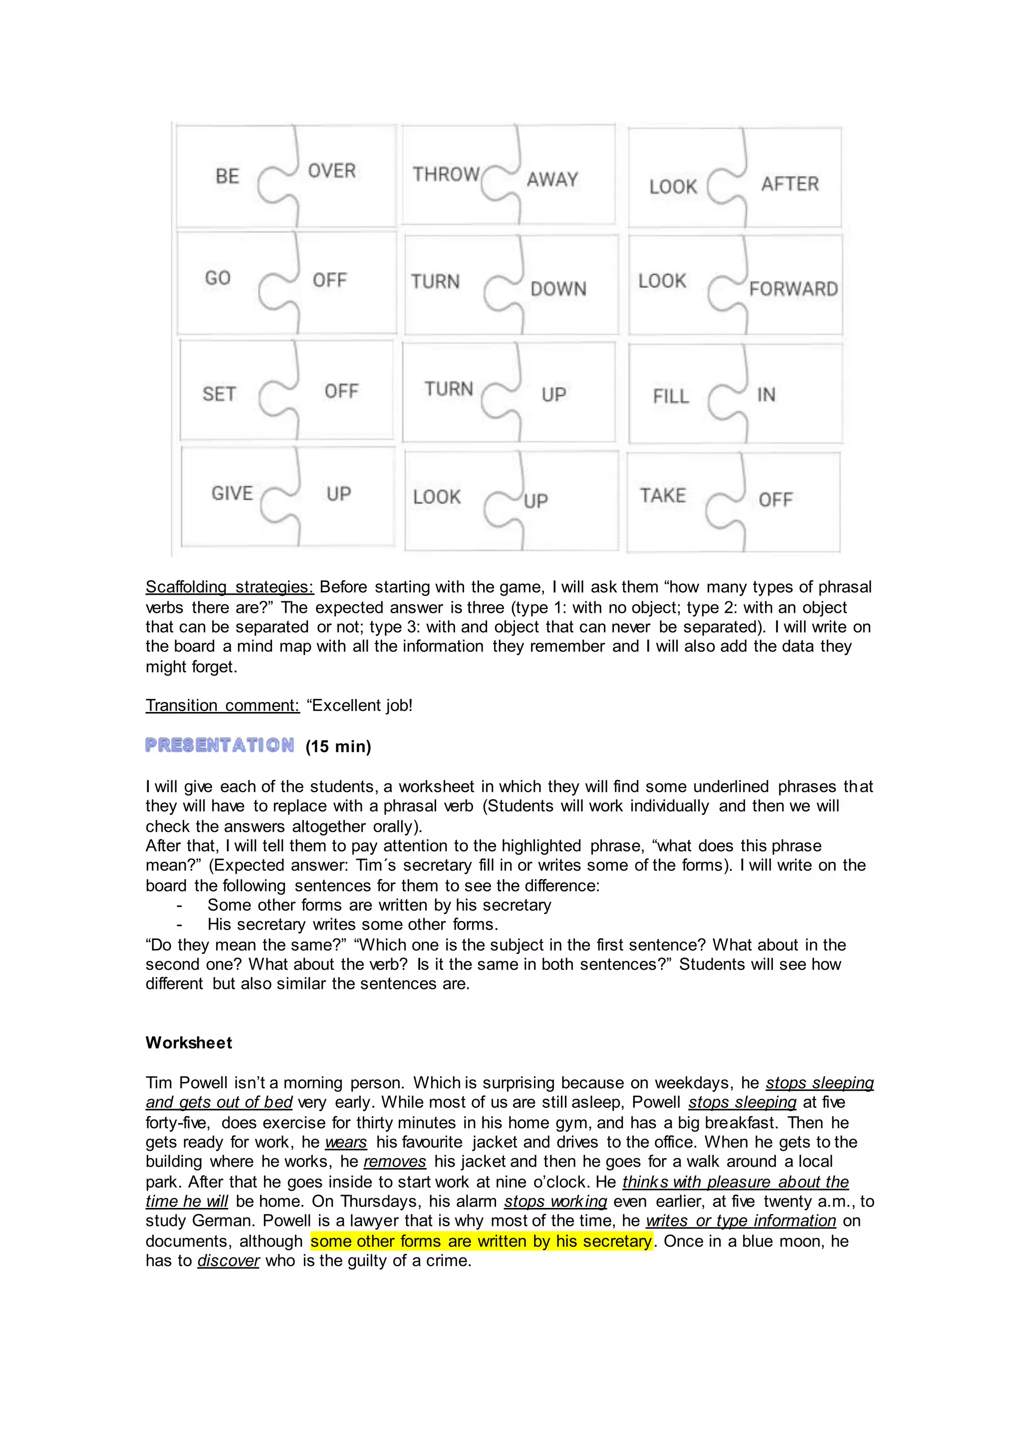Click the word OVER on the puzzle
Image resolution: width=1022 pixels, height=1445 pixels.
pos(332,171)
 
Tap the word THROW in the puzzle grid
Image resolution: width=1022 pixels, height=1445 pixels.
pos(446,174)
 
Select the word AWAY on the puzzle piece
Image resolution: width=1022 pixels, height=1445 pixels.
pos(552,179)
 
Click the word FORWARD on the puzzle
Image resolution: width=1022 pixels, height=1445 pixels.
pos(793,289)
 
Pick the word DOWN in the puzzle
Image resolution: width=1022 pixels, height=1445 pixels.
pos(558,289)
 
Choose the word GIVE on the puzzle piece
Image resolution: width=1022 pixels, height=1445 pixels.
pos(232,493)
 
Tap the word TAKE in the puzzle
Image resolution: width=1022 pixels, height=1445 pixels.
pos(663,495)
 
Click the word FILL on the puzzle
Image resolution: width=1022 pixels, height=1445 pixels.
pos(671,397)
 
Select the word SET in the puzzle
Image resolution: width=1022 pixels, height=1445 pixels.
pos(219,394)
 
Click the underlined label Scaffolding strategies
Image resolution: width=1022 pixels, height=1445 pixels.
pos(230,587)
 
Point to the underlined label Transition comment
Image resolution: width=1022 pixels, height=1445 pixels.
pos(223,705)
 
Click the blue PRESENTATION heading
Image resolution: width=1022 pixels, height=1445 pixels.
pos(220,745)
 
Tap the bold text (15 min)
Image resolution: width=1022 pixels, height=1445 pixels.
pos(338,746)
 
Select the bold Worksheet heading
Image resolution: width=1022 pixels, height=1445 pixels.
pos(189,1043)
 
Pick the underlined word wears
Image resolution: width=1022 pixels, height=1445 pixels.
pos(345,1142)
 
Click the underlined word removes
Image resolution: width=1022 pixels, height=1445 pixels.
pos(395,1161)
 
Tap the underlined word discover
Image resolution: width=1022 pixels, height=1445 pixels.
pos(228,1260)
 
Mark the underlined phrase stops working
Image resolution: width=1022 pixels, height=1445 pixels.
pos(555,1201)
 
